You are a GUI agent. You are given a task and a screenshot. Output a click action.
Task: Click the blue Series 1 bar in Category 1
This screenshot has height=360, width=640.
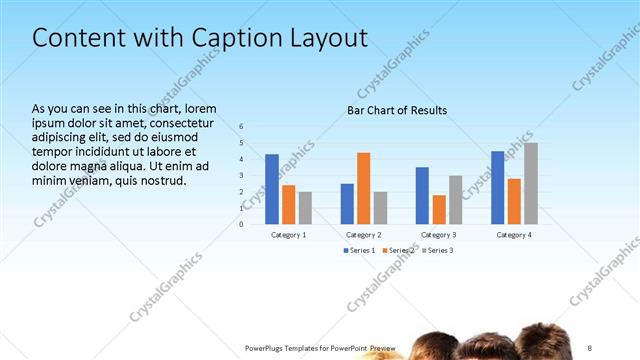(272, 188)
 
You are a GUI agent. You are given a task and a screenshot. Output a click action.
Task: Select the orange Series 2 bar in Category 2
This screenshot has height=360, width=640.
(363, 187)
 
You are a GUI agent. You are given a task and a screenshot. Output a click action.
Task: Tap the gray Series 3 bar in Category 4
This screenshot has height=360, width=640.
(531, 183)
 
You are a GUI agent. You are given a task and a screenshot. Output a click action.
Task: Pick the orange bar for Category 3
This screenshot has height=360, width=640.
(438, 209)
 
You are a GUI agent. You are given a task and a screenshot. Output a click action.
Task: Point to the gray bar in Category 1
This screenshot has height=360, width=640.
(305, 207)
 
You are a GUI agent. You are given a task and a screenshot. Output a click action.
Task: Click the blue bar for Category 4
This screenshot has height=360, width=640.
(497, 187)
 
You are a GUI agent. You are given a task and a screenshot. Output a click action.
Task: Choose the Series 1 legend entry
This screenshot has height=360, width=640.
(360, 250)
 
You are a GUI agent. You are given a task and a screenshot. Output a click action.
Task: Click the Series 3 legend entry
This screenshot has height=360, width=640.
(438, 250)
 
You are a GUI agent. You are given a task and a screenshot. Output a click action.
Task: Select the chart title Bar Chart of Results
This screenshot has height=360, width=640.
(397, 110)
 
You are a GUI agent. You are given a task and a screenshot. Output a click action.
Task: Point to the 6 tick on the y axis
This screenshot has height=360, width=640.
(241, 126)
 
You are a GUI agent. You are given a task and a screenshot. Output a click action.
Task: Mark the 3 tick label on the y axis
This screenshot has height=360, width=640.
(241, 175)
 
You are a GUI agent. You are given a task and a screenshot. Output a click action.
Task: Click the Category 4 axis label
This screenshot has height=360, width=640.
(514, 234)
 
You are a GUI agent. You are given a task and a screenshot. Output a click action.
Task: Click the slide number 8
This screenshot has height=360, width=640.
(591, 347)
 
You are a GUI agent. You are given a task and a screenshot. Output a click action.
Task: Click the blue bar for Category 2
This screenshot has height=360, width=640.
(347, 203)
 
